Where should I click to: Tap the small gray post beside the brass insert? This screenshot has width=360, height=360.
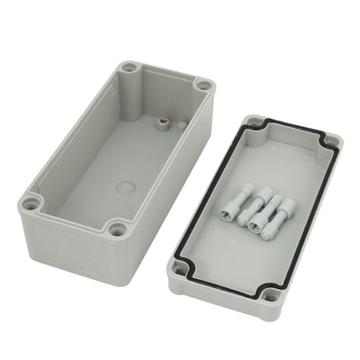pos(181,127)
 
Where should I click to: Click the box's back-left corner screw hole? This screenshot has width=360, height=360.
pos(130,67)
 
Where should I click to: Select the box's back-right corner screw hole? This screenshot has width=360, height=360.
pos(204,86)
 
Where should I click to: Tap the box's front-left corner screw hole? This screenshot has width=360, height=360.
pos(32,203)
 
